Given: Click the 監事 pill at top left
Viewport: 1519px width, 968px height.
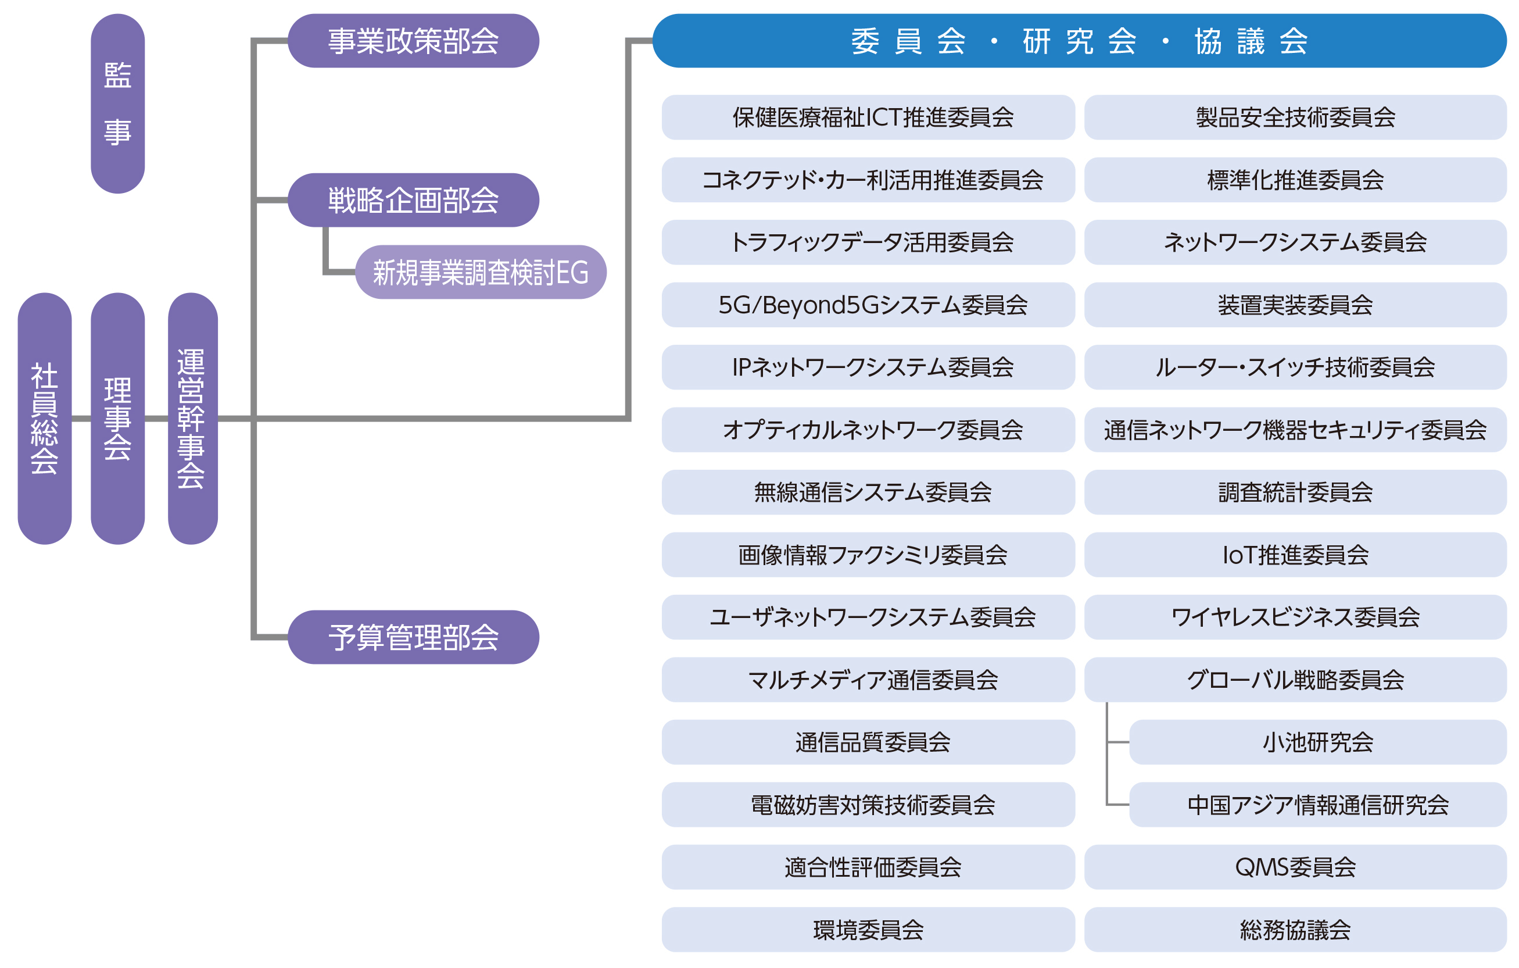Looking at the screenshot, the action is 117,103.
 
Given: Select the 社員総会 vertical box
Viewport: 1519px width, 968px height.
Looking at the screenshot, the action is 44,419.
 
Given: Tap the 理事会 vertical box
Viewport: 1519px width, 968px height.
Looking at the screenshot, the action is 117,419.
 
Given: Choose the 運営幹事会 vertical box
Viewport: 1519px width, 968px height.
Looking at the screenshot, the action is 192,419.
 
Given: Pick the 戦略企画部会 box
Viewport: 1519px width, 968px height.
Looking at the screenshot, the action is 413,200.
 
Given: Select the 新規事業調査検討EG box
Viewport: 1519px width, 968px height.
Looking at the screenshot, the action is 481,272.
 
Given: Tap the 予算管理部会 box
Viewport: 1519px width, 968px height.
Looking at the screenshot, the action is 413,637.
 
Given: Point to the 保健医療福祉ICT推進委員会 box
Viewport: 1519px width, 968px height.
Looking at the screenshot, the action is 868,117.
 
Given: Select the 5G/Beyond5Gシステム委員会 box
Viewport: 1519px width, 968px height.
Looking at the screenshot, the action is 868,305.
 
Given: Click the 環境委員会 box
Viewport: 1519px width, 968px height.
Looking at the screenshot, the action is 868,930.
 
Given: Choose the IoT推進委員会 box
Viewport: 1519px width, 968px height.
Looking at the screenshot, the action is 1295,555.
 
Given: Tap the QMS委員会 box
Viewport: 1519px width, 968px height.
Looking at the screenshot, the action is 1295,867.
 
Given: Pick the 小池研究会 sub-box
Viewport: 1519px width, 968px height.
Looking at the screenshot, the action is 1318,742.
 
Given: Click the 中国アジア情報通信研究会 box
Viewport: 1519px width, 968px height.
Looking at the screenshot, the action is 1318,805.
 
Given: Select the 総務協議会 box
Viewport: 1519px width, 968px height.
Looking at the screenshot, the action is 1295,930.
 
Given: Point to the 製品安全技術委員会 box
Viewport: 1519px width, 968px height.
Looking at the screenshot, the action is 1295,117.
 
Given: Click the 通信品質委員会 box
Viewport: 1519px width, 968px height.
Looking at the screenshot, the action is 868,742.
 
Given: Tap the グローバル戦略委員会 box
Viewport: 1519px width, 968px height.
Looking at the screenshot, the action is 1295,680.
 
